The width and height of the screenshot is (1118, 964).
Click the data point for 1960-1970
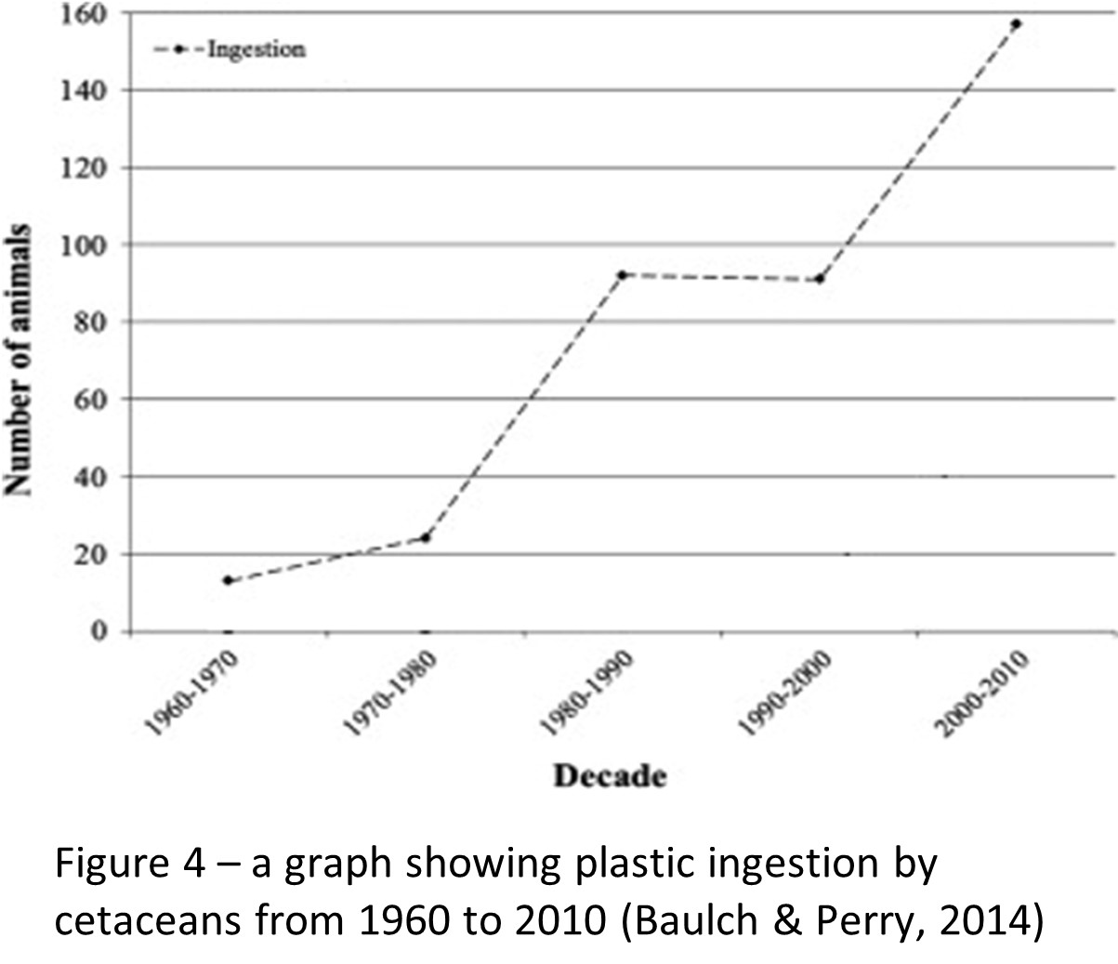228,580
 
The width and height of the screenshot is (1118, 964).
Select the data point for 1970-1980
426,537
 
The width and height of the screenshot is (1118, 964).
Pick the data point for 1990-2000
819,279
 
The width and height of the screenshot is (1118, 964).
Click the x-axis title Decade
611,775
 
